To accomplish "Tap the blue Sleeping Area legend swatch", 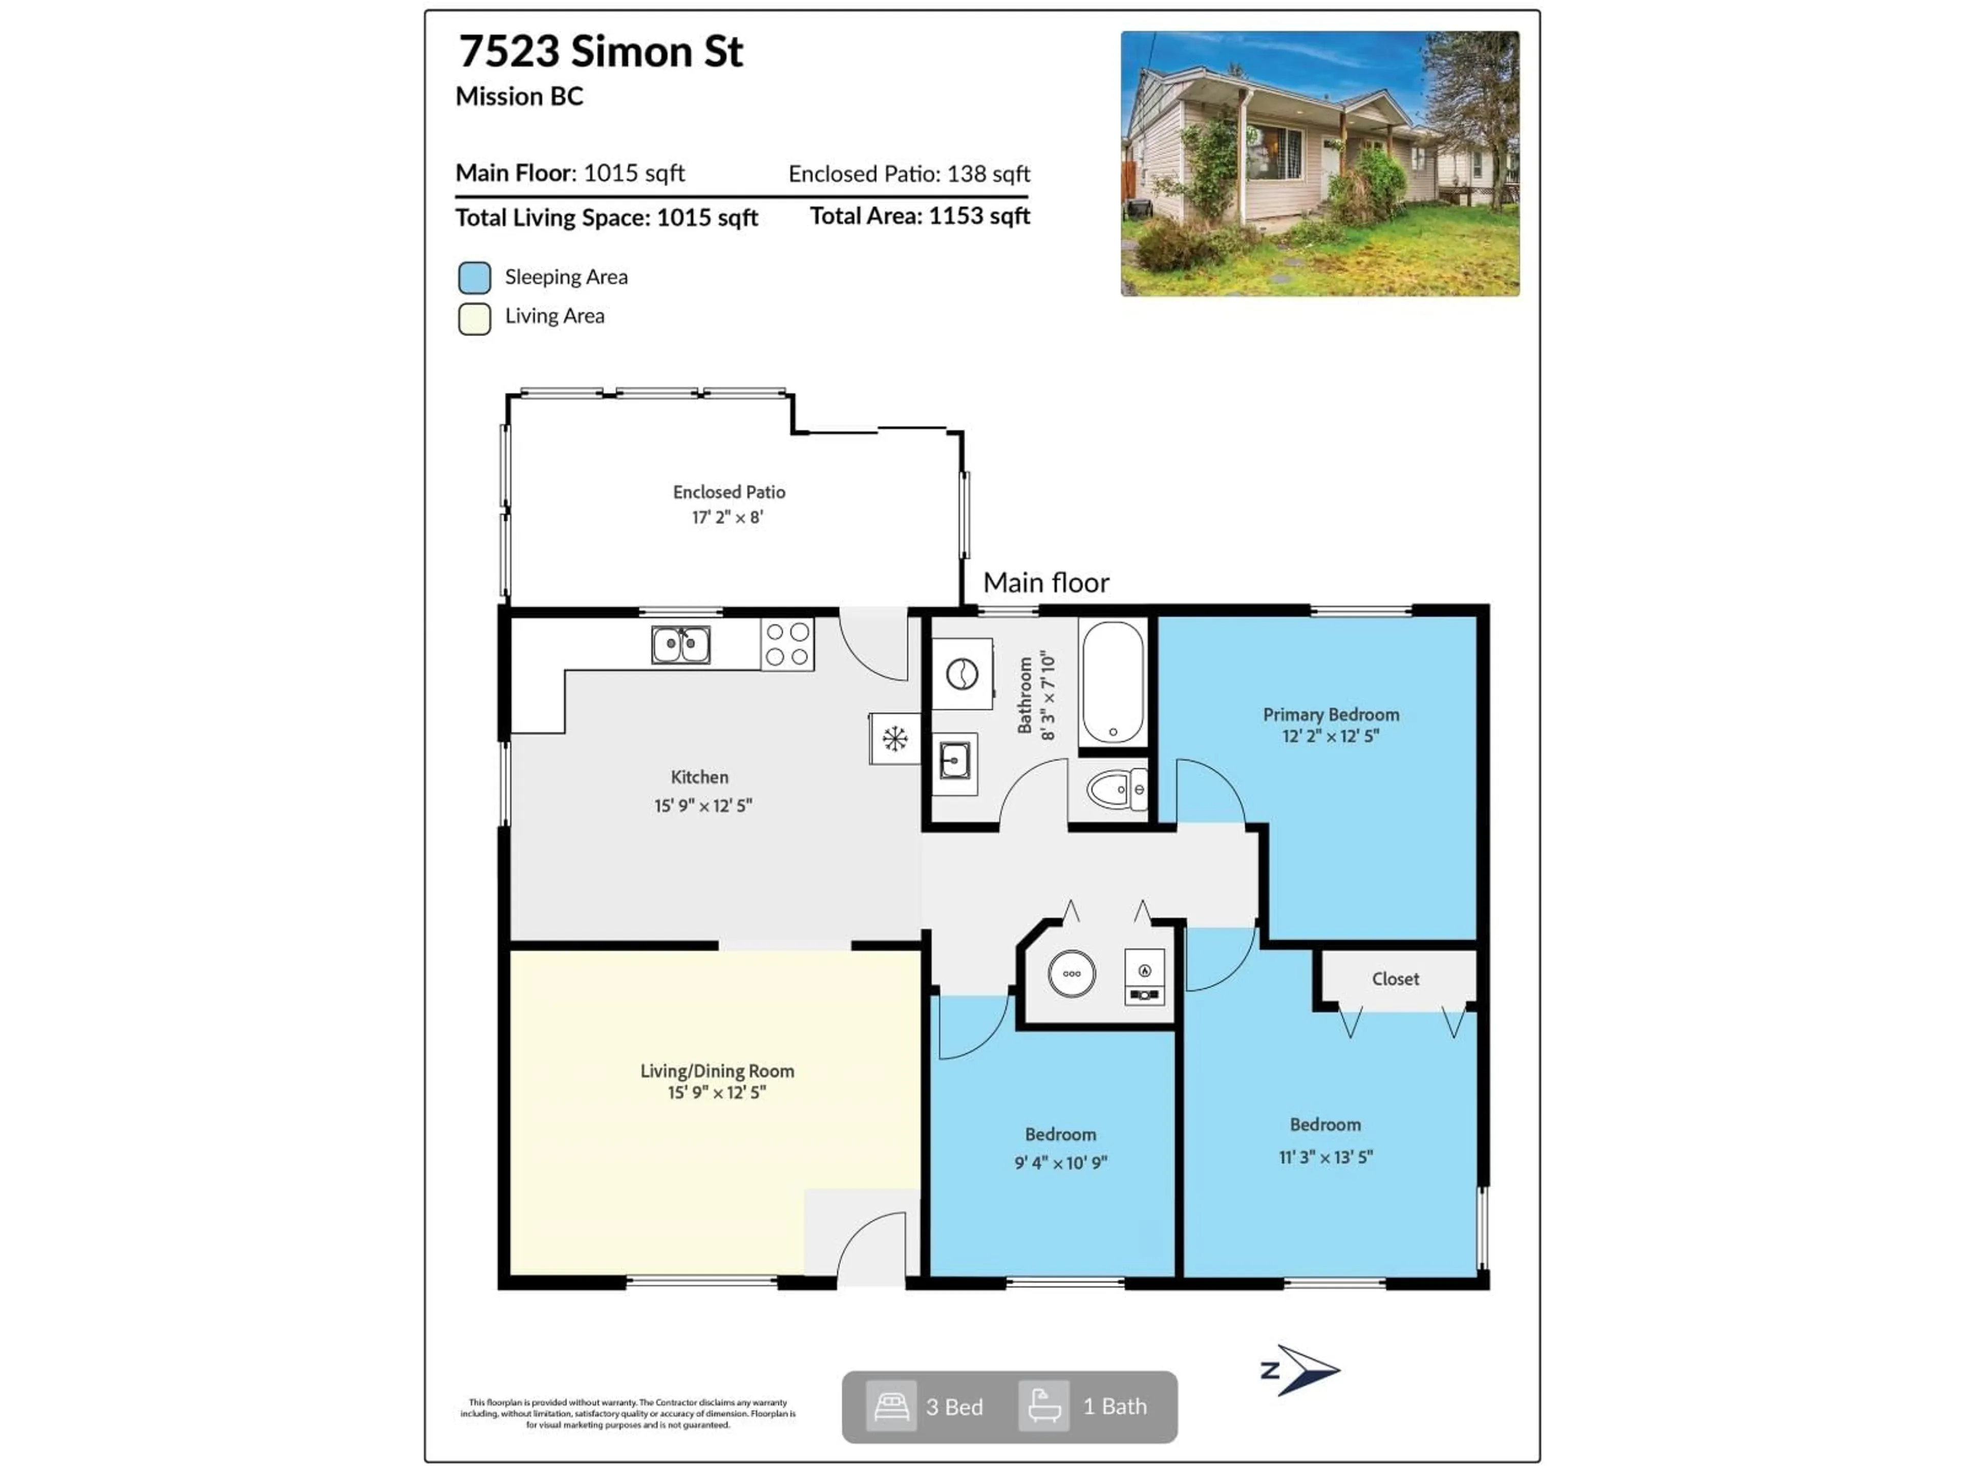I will [475, 278].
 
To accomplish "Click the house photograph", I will [1320, 163].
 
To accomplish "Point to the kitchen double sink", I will [681, 645].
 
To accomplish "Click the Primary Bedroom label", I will [1331, 714].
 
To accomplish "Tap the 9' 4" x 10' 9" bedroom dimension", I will [1060, 1162].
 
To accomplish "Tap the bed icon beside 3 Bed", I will [890, 1405].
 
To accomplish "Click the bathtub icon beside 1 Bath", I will [1043, 1405].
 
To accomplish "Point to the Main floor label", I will [1046, 583].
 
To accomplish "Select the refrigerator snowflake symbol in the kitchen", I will [894, 739].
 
